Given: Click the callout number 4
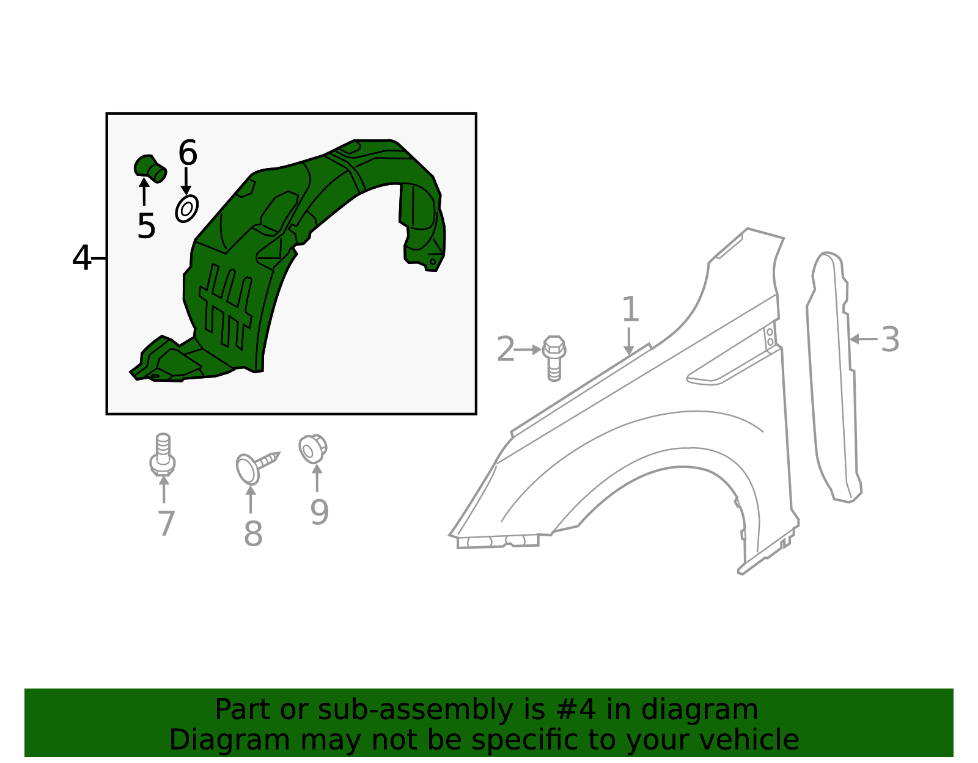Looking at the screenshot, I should (81, 258).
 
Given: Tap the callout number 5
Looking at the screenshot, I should (146, 227).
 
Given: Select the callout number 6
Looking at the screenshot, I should (188, 153).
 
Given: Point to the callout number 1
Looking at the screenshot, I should (630, 310).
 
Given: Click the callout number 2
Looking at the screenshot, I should (506, 350).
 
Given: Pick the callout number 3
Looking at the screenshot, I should (890, 340).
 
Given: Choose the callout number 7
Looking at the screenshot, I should (166, 524).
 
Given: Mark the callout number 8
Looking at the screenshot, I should (253, 535).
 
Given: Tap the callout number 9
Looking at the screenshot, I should (319, 513).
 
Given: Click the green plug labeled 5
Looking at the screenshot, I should (150, 167).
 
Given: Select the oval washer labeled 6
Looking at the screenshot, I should (186, 209).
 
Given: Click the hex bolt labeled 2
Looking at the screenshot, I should (554, 357).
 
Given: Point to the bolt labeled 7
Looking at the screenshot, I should (163, 455).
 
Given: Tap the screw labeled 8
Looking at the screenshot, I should (256, 467).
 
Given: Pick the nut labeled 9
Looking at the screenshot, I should (312, 449).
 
